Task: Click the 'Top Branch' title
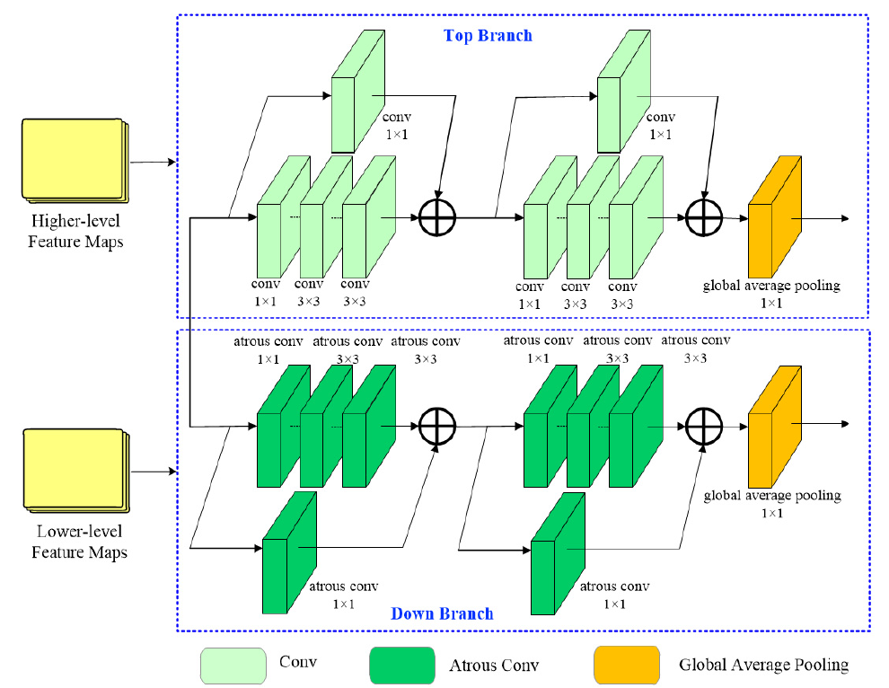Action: click(x=488, y=36)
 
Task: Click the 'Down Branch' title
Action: click(x=442, y=614)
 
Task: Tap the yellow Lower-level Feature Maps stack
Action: click(x=75, y=469)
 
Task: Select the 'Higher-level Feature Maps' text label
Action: click(x=76, y=231)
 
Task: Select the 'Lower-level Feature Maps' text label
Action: click(x=79, y=542)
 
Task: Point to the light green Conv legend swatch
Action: click(x=233, y=666)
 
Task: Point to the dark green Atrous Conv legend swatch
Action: click(x=401, y=666)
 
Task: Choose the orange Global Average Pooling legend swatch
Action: click(x=626, y=666)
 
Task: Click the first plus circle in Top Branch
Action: click(x=438, y=217)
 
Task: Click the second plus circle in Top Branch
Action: click(x=705, y=217)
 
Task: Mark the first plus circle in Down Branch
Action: click(x=438, y=424)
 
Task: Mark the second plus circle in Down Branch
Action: click(x=705, y=424)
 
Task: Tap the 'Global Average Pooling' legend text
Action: click(x=763, y=666)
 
